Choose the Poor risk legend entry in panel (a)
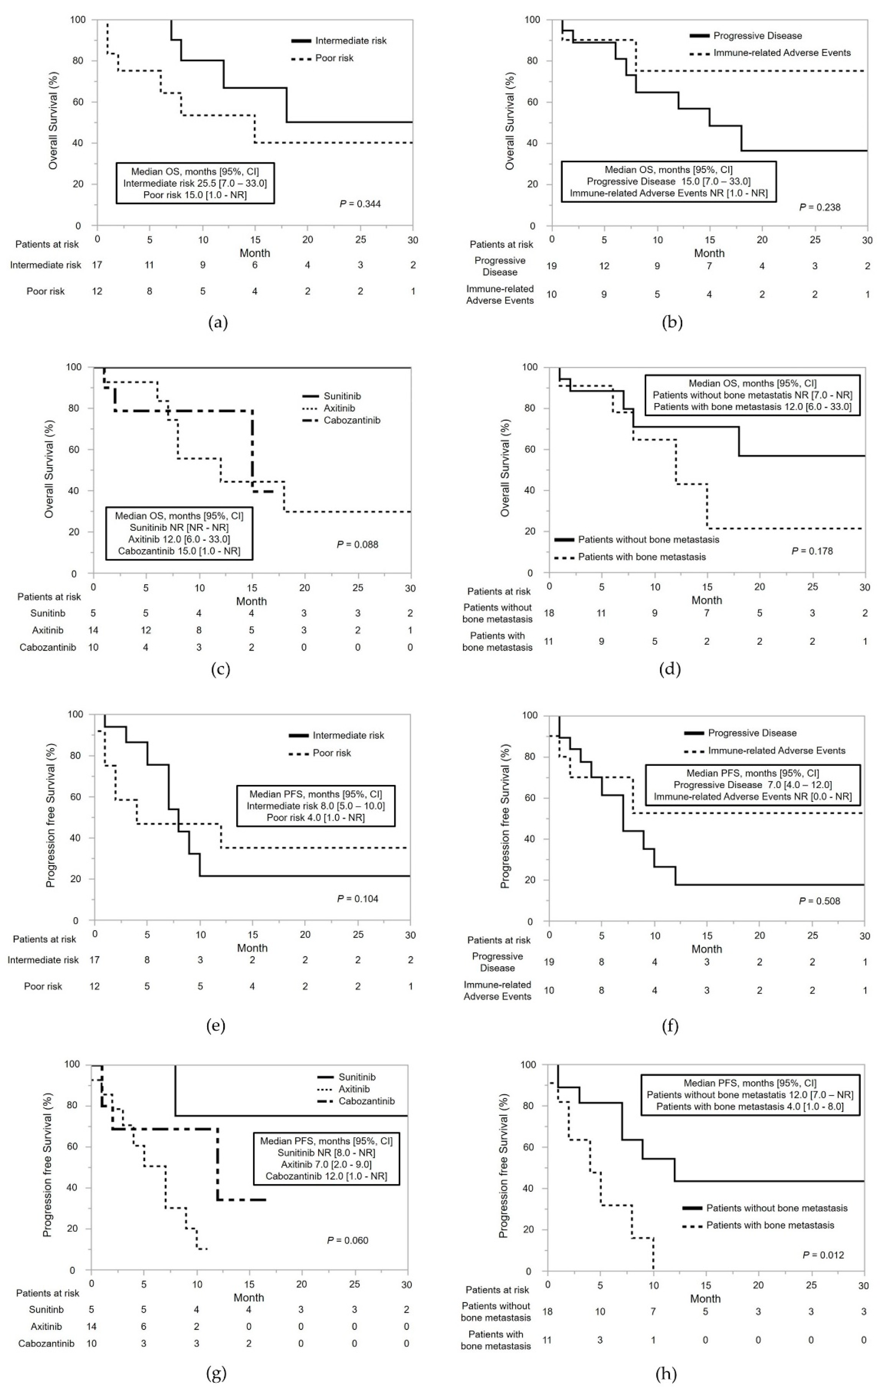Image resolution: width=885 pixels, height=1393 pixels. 334,58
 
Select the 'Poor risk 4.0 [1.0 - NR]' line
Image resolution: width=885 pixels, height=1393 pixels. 315,818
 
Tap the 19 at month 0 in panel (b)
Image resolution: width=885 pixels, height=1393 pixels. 552,266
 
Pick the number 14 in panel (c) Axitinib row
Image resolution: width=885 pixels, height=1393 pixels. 93,630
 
